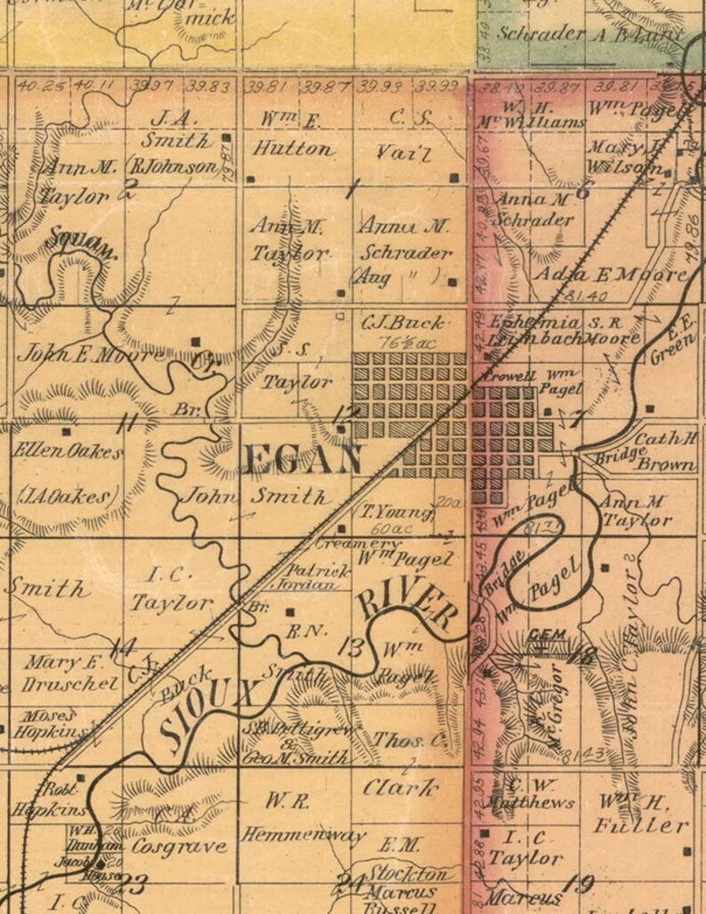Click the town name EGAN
(302, 460)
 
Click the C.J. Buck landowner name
(399, 322)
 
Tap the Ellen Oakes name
(68, 452)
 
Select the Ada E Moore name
(610, 275)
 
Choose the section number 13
(351, 646)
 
